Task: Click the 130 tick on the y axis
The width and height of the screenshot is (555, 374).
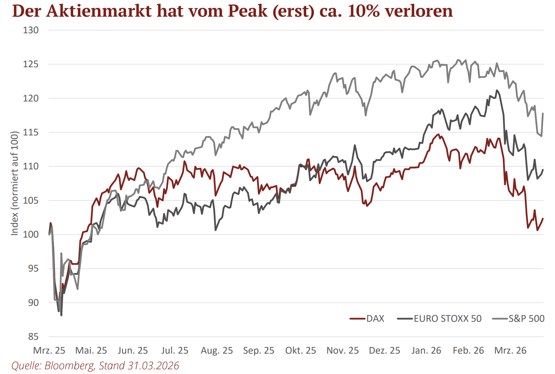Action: coord(31,30)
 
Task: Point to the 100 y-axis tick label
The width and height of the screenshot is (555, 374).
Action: coord(31,235)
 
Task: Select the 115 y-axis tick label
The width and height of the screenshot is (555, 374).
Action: coord(31,132)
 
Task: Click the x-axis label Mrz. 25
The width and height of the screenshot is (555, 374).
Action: coord(49,351)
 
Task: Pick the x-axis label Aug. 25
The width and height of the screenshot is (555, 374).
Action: coord(217,351)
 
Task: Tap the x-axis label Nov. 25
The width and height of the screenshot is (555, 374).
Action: coord(343,351)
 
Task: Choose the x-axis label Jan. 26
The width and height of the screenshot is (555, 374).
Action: coord(426,351)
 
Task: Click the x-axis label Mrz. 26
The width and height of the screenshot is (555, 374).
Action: coord(510,351)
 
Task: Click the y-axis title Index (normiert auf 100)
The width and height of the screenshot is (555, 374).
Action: coord(15,183)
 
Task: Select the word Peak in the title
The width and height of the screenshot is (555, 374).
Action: coord(248,11)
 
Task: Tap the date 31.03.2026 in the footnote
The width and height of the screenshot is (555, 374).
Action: coord(153,366)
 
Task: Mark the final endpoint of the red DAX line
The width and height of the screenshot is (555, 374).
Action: coord(543,219)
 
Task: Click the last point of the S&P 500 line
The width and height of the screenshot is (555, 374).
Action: coord(543,113)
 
